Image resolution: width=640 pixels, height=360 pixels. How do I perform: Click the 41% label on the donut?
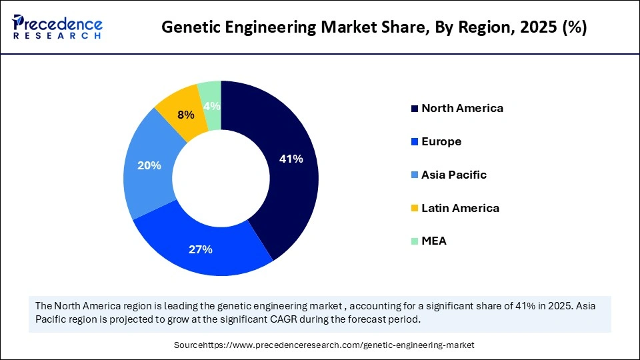pos(291,159)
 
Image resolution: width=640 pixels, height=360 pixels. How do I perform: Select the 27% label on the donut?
pos(201,249)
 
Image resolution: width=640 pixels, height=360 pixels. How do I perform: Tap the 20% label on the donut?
pos(149,165)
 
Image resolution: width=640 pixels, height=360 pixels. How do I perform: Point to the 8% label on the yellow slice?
pos(186,115)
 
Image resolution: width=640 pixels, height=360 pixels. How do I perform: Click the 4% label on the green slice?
pos(212,107)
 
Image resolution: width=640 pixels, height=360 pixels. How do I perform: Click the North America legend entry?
pos(462,108)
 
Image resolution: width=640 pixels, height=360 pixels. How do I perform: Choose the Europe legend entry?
pos(441,141)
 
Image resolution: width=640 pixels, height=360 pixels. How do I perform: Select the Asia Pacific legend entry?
pos(454,175)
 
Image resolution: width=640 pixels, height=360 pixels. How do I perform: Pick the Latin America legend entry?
pos(460,208)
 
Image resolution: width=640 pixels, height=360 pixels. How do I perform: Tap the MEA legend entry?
pos(434,241)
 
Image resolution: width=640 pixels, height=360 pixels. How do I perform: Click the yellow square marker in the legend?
pos(415,209)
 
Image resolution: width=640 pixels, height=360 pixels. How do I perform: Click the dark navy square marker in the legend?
pos(415,109)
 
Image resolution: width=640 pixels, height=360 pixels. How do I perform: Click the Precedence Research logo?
pos(57,27)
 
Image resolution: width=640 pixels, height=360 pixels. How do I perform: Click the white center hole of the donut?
pos(221,178)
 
